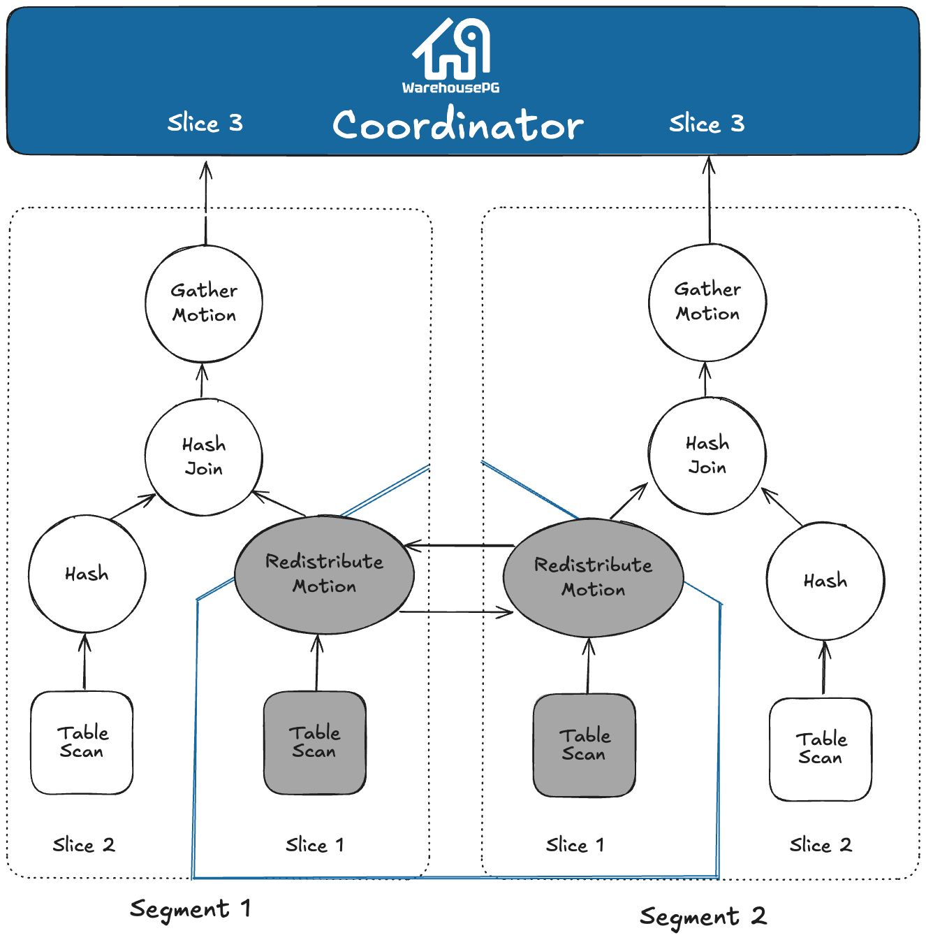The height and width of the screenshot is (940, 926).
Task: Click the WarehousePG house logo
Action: [x=451, y=49]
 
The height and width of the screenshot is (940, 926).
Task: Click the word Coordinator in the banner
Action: [x=457, y=126]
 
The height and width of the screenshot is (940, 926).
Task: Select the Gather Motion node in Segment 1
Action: [x=204, y=303]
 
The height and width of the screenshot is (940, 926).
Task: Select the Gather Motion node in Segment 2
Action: [x=707, y=302]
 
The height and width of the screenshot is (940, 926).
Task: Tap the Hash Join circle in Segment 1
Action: [x=204, y=457]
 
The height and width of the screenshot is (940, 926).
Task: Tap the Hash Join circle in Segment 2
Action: [x=707, y=456]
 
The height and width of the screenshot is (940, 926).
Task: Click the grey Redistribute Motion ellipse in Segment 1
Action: [x=324, y=574]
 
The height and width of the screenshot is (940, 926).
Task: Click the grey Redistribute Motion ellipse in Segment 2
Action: [x=593, y=577]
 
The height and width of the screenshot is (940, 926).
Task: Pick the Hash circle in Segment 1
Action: [x=87, y=574]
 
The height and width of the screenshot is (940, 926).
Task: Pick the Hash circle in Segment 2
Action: [x=825, y=581]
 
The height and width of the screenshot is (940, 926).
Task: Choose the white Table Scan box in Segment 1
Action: [x=82, y=742]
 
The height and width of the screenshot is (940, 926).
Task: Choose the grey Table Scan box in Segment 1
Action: [x=315, y=742]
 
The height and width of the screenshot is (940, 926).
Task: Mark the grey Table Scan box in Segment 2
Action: [x=585, y=745]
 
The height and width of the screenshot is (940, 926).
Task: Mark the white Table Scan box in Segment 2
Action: [x=821, y=749]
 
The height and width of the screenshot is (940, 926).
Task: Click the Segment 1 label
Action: [x=190, y=909]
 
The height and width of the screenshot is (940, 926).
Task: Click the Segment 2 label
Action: [x=703, y=916]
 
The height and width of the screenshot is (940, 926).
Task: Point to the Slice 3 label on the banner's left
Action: [x=205, y=124]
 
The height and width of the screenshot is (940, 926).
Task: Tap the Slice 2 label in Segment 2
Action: [x=821, y=845]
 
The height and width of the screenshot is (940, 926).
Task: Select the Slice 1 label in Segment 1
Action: [x=315, y=845]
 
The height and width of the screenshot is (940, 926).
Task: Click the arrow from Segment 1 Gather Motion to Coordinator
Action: [x=206, y=203]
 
